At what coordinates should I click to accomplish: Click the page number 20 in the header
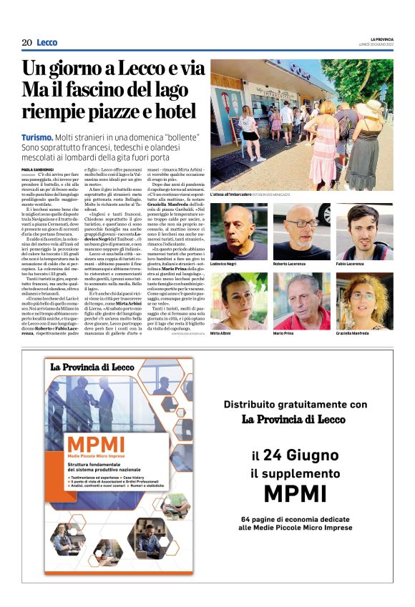[x=26, y=43]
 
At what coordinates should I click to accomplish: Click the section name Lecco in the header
[x=47, y=43]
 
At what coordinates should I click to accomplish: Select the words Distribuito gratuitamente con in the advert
[x=294, y=404]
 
